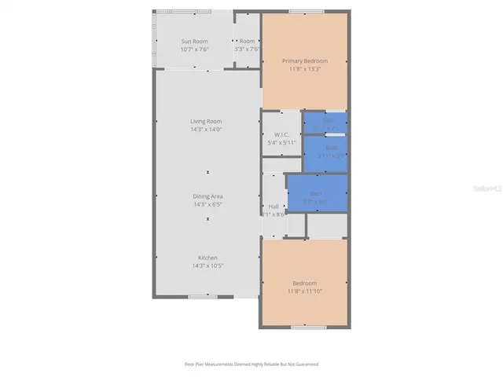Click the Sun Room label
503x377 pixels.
point(194,41)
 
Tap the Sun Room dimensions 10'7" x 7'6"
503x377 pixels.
point(194,49)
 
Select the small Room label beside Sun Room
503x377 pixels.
point(248,41)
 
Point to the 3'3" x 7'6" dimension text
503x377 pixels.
point(248,49)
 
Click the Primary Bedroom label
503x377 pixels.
point(305,60)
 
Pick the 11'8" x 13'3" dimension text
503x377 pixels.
point(305,69)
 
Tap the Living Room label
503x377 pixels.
point(206,121)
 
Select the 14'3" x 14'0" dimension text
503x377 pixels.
point(206,130)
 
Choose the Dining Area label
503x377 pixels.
point(208,196)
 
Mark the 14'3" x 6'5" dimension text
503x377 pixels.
point(208,204)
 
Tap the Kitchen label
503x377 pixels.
point(207,258)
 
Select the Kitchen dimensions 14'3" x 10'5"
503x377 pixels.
point(207,266)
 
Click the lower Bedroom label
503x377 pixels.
point(305,283)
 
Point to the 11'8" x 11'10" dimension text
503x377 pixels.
point(305,291)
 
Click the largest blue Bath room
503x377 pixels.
point(317,193)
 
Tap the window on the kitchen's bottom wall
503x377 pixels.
point(203,296)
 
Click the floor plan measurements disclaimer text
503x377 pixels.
point(251,364)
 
